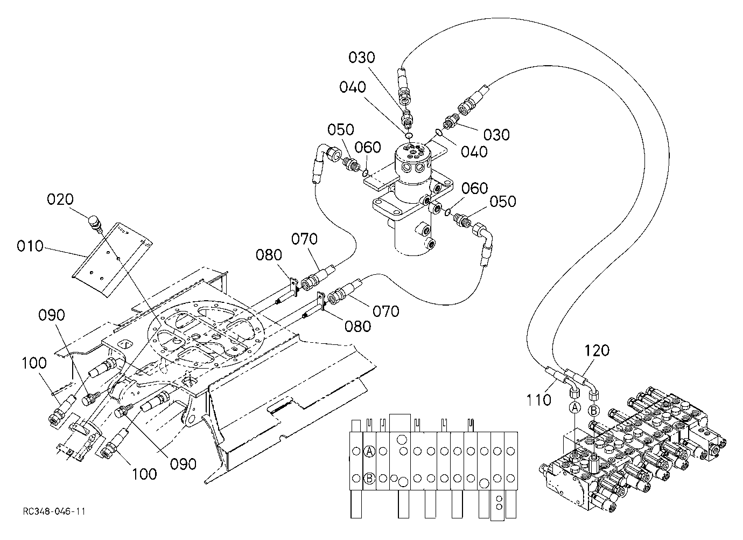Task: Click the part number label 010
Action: (x=30, y=246)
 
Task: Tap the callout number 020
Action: (x=60, y=199)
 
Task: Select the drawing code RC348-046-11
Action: (x=54, y=511)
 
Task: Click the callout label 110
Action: (x=538, y=400)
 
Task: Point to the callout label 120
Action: (x=597, y=350)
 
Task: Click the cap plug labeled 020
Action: (x=95, y=223)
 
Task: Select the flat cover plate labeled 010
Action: (x=112, y=259)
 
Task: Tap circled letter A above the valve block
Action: (x=575, y=407)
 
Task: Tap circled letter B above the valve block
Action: (x=593, y=411)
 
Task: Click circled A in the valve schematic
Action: (x=369, y=451)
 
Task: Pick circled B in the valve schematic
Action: (x=369, y=479)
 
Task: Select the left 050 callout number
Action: (x=341, y=129)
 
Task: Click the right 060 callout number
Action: (x=475, y=188)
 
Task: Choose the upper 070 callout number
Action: (x=305, y=239)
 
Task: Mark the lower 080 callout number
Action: (x=358, y=327)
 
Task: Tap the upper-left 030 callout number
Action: (x=362, y=58)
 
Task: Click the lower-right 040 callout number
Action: (x=474, y=152)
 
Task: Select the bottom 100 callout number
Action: (x=144, y=474)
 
